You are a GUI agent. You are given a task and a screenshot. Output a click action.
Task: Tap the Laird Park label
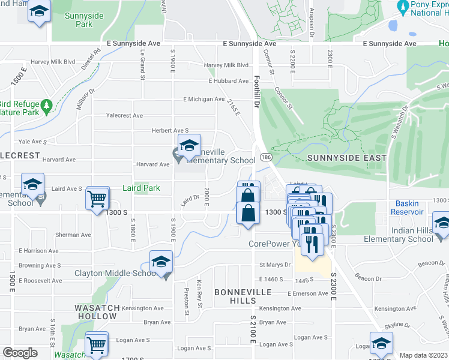point(141,188)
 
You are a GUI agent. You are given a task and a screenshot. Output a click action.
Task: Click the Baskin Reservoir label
point(408,208)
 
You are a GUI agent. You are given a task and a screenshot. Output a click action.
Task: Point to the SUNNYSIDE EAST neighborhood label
point(345,157)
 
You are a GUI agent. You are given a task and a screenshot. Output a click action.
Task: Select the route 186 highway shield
point(264,157)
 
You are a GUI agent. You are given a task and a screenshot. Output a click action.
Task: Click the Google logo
point(20,353)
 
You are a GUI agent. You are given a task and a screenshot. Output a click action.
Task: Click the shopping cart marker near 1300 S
point(97,198)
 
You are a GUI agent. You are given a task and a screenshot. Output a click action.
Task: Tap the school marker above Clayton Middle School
point(161,262)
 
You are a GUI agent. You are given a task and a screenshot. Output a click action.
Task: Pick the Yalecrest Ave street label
point(124,115)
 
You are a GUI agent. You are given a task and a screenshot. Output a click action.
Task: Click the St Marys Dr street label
point(275,265)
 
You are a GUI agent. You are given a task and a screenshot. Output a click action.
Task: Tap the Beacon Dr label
point(369,278)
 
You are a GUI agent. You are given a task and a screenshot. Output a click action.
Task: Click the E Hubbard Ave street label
point(228,81)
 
